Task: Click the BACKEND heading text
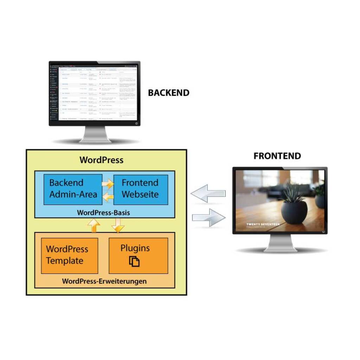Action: [x=168, y=93]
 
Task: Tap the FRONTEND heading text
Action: [x=277, y=156]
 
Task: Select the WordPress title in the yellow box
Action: [x=101, y=160]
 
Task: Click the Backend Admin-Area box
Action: [x=73, y=189]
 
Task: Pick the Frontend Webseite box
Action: [x=140, y=189]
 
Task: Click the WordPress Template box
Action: [x=69, y=255]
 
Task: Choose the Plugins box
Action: [x=138, y=255]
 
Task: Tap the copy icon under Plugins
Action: [x=134, y=262]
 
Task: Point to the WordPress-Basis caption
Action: [x=103, y=213]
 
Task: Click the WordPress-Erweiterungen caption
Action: [x=104, y=281]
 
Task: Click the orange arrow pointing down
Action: [x=118, y=225]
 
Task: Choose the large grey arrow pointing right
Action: [x=208, y=218]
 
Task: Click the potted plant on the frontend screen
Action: [x=295, y=207]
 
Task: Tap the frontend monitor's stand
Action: [x=280, y=243]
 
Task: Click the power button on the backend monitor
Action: [x=136, y=123]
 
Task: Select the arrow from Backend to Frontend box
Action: [x=108, y=184]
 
